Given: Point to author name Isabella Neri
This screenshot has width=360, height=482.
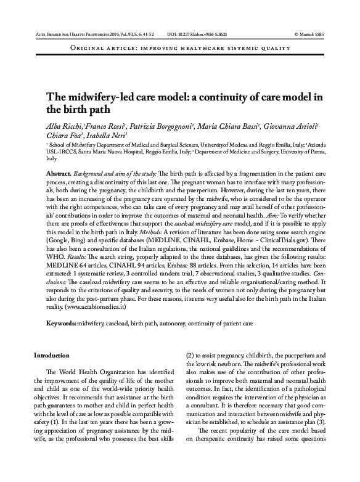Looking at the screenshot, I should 108,136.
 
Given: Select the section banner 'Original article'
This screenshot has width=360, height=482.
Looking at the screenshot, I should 99,47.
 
